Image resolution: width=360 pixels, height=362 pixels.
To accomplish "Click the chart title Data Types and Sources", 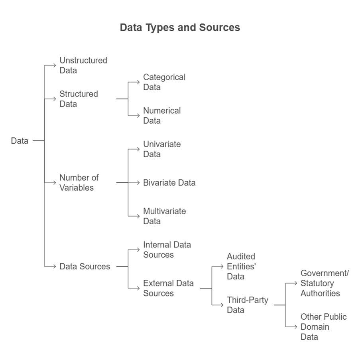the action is pos(180,28).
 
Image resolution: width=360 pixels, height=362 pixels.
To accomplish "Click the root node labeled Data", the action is pos(20,140).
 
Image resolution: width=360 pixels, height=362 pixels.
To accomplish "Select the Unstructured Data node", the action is pos(83,65).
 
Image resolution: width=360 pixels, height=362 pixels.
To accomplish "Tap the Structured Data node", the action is pos(79,99).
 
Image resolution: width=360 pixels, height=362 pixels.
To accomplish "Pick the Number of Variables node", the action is pos(79,183).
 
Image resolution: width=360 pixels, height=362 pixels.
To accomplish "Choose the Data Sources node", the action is pos(85,267).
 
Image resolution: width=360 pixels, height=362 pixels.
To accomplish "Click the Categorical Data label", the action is pos(164,82).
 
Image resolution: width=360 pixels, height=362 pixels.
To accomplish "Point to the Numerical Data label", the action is pos(162,116).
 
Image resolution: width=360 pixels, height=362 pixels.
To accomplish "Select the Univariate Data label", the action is pos(162,149).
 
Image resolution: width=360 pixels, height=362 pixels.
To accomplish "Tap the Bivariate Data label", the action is pos(169,183).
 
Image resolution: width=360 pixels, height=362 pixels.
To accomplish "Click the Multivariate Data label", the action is pos(164,216).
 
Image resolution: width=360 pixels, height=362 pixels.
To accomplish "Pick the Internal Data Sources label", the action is pos(167,249).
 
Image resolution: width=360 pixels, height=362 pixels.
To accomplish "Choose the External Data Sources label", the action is pos(168,288).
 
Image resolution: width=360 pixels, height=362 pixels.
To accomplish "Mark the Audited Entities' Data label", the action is pos(241,267).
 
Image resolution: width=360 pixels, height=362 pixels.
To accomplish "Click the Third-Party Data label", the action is pos(248,305).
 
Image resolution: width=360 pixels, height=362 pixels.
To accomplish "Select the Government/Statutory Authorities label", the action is pos(325,283).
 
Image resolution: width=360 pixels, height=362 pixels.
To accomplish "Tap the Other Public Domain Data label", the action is pos(324,326).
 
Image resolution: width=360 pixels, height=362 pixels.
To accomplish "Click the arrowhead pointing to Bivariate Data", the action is pos(138,183).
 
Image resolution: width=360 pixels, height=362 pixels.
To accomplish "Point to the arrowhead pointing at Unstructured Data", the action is pos(55,65).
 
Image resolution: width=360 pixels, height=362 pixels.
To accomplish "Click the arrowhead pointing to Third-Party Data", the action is pos(222,305).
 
